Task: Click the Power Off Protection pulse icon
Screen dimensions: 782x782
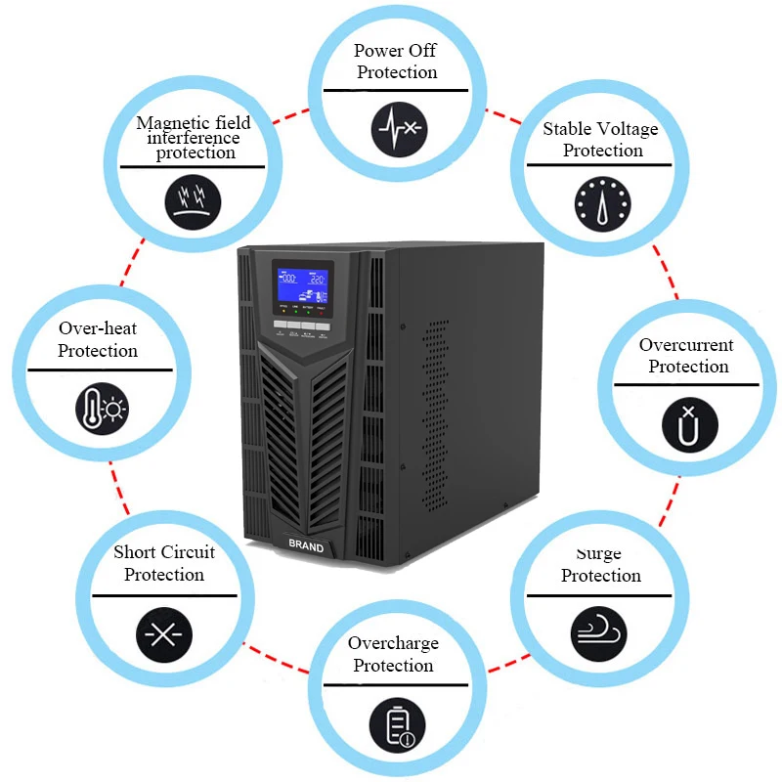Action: [399, 127]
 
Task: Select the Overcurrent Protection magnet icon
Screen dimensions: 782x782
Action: [690, 424]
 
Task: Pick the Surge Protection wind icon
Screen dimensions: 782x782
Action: [598, 631]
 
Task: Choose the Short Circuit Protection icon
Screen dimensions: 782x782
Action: [163, 632]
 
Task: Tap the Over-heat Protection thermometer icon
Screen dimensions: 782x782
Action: [103, 409]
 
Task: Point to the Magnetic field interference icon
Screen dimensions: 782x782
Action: [192, 199]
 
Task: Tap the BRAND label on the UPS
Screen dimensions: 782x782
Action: [306, 547]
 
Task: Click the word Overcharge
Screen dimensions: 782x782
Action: [393, 643]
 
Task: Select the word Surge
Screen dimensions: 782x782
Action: [599, 554]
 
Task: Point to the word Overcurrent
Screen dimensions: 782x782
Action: [686, 345]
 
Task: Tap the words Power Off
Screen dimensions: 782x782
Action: [395, 51]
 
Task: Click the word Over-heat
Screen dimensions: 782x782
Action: [98, 328]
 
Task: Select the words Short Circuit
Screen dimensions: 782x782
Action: [163, 552]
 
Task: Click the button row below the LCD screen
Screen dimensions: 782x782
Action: [301, 324]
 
